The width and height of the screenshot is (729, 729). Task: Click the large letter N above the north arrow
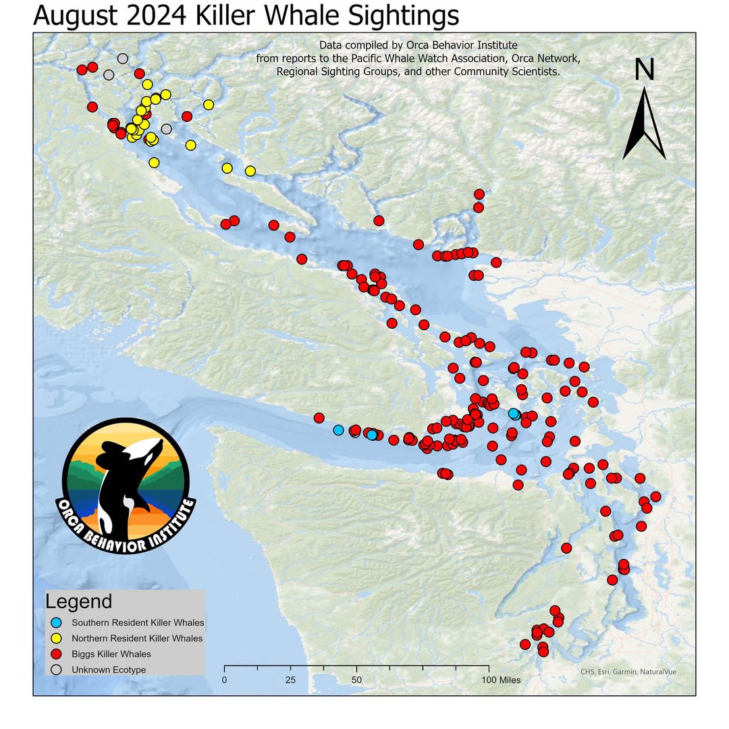coord(645,70)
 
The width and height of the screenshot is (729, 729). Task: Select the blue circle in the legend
coord(57,622)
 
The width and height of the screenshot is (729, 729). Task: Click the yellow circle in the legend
coord(57,638)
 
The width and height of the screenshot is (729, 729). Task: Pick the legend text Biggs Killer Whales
coord(111,654)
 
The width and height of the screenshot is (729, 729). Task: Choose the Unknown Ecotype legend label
coord(109,670)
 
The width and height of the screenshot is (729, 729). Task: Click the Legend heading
coord(78,601)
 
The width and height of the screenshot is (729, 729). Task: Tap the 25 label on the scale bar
coord(290,680)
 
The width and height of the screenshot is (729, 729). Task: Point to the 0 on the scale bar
coord(224,680)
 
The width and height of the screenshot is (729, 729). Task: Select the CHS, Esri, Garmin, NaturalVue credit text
coord(628,672)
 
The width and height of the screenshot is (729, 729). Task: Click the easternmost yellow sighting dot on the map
coord(250,171)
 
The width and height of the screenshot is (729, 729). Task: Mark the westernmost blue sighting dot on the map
coord(338,429)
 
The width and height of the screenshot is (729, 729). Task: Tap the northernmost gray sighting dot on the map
coord(122,59)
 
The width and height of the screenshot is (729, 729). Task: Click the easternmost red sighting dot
coord(655,497)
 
